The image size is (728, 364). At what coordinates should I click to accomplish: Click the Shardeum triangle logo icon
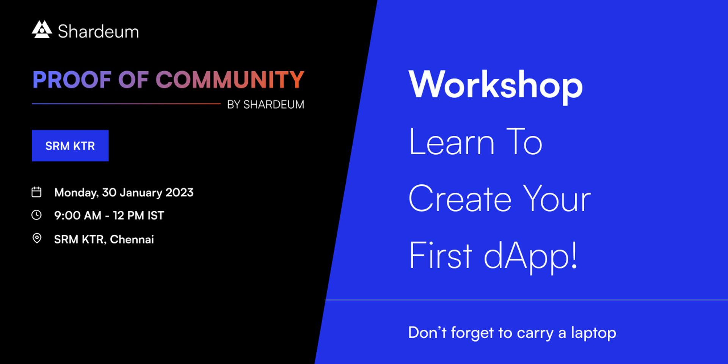point(42,30)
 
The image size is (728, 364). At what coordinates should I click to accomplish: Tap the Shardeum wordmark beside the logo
point(98,31)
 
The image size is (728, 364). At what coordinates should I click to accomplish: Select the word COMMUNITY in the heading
point(230,80)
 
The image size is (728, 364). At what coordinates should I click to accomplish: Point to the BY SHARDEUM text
point(265,105)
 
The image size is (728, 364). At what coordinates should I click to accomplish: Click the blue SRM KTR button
point(70,146)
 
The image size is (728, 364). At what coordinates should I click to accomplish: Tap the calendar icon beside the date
point(36,192)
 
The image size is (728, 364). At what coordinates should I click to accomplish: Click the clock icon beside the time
point(36,215)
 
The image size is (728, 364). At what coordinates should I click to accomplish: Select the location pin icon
point(37,238)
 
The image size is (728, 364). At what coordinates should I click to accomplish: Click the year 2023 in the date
point(179,193)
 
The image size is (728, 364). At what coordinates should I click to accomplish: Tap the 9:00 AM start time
point(78,215)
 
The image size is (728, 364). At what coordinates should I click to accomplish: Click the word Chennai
point(132,239)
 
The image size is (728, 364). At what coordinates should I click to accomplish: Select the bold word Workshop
point(496,86)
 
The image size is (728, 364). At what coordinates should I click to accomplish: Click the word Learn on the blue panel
point(452,142)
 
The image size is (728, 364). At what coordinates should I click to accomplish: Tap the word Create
point(460,199)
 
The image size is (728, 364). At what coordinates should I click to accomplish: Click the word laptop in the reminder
point(594,333)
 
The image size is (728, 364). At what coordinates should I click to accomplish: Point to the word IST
point(155,215)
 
